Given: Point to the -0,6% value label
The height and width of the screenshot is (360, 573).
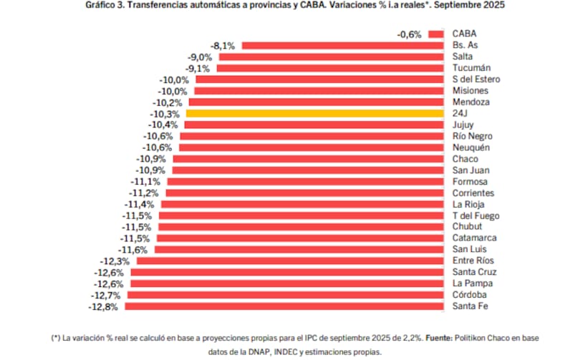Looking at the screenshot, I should pos(410,34).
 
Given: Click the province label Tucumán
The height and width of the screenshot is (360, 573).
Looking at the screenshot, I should pos(471,68).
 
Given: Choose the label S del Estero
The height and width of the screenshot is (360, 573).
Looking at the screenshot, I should pos(476,79).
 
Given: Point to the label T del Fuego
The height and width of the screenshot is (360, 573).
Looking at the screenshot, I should pos(476,215).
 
